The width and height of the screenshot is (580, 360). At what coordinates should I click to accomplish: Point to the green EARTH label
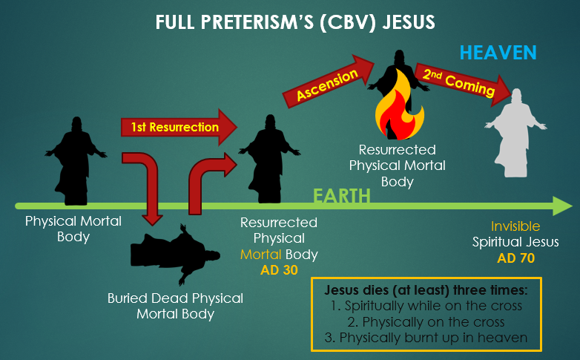point(340,197)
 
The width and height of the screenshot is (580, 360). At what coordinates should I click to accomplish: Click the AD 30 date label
point(279,270)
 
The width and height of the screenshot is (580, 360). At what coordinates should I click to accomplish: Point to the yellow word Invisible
point(515,226)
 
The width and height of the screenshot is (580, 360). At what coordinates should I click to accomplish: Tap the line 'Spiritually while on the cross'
point(426,307)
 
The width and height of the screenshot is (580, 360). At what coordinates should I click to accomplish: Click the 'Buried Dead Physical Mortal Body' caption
point(175,306)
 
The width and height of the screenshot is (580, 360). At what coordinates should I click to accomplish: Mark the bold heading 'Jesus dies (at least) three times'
point(426,289)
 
